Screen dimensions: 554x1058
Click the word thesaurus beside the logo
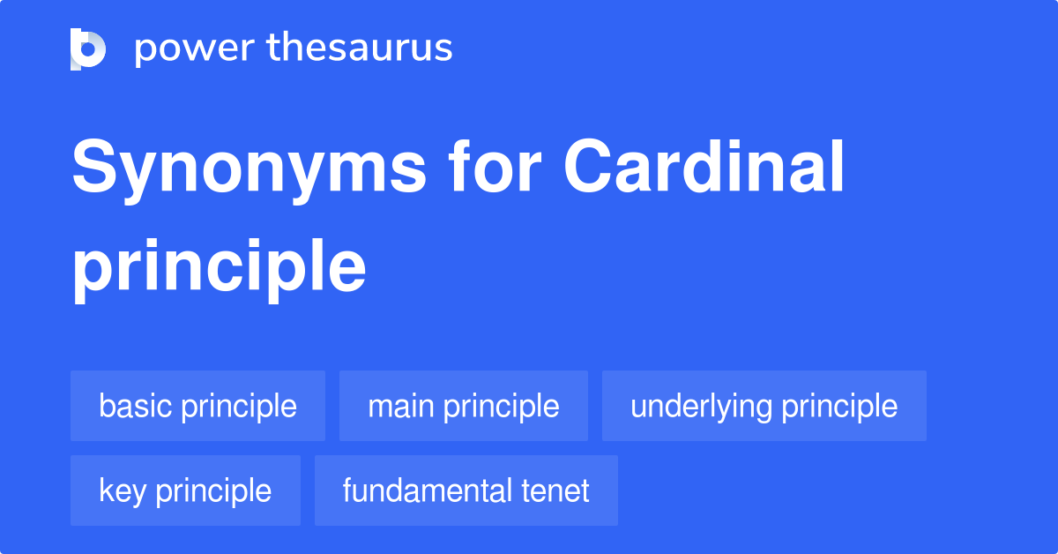tap(360, 49)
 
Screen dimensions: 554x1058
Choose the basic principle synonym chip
tap(197, 407)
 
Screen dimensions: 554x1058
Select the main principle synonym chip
tap(463, 407)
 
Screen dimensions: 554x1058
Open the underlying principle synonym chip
tap(764, 407)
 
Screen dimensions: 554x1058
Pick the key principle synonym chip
tap(185, 490)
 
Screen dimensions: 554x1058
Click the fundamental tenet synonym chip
tap(466, 490)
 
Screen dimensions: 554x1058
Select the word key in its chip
tap(121, 490)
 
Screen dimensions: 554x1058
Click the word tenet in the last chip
tap(553, 490)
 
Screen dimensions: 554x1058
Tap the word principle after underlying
tap(839, 407)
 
